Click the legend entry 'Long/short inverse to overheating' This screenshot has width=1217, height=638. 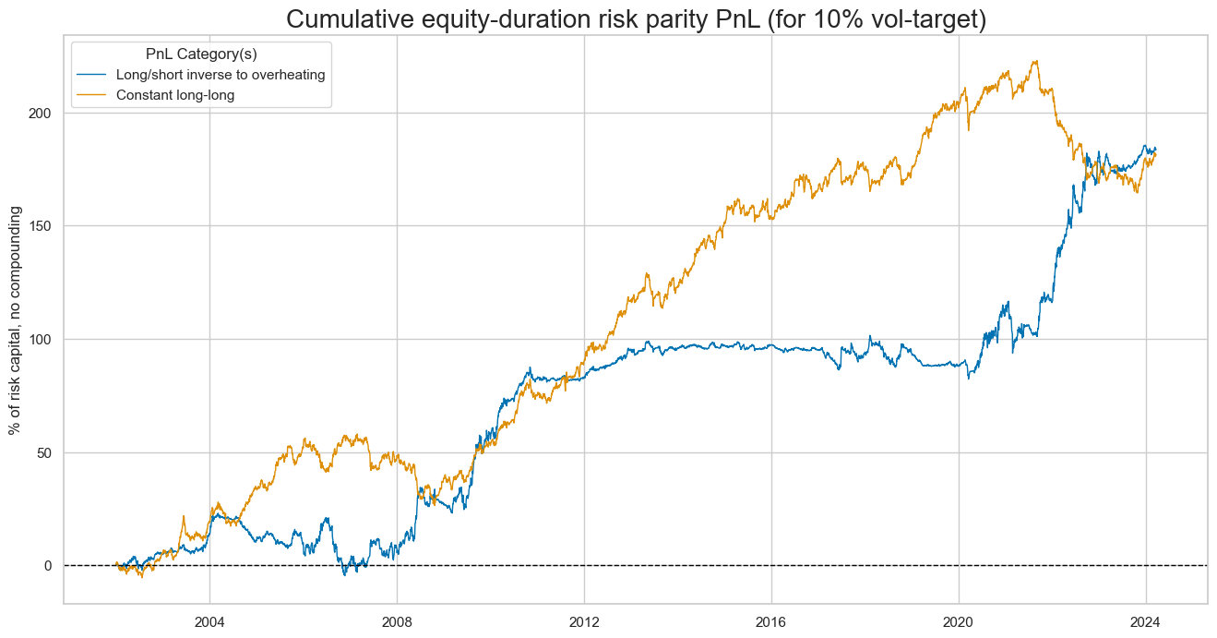tap(214, 75)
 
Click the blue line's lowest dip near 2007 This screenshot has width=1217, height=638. tap(345, 574)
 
